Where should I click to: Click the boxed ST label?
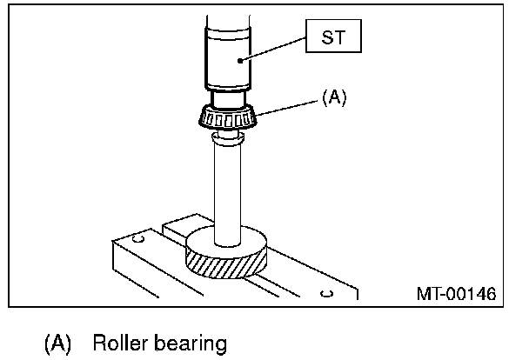tap(333, 36)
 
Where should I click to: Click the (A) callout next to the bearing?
tap(334, 97)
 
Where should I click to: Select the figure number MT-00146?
tap(456, 293)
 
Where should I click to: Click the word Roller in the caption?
tap(120, 343)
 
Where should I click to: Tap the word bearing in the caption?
tap(191, 343)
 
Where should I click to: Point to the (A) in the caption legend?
tap(57, 343)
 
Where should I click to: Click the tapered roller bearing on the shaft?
tap(228, 117)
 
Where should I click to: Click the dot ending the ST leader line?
tap(240, 61)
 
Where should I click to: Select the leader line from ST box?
tap(272, 50)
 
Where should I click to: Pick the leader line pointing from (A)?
tap(287, 108)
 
